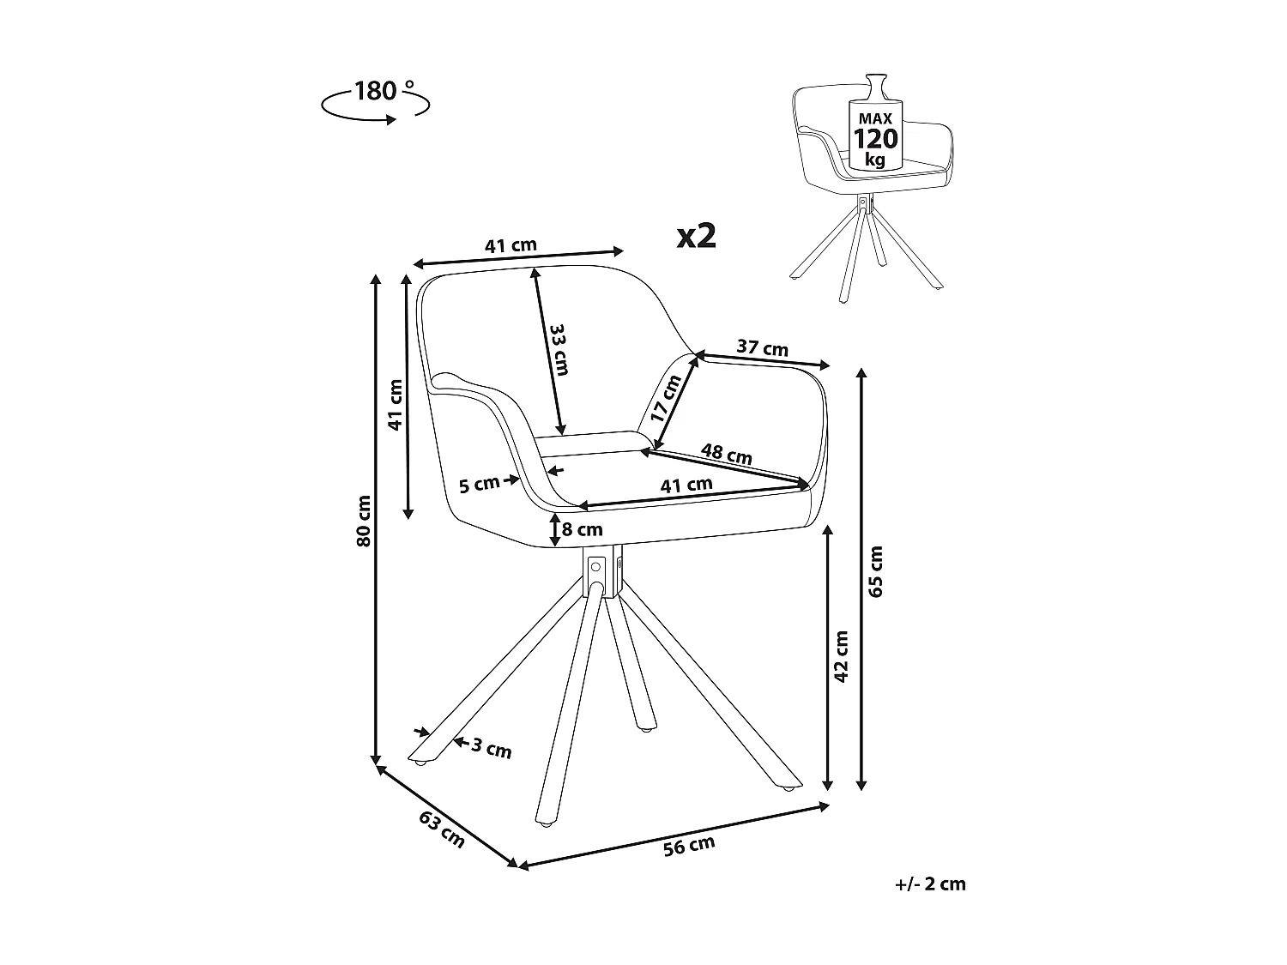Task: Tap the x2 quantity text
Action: point(696,236)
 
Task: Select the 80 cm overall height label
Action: point(365,521)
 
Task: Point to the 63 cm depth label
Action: point(441,829)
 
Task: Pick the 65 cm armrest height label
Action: point(875,570)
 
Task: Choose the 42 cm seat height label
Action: point(841,656)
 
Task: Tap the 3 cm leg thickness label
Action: point(492,749)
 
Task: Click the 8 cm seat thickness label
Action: point(582,529)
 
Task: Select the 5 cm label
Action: point(479,485)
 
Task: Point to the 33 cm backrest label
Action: point(559,349)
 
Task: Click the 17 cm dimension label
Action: point(666,398)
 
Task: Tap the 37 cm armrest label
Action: point(762,348)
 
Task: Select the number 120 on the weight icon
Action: point(874,139)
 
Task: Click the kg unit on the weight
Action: point(874,160)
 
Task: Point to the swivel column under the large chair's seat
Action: point(603,570)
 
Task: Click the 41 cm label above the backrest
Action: point(511,245)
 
